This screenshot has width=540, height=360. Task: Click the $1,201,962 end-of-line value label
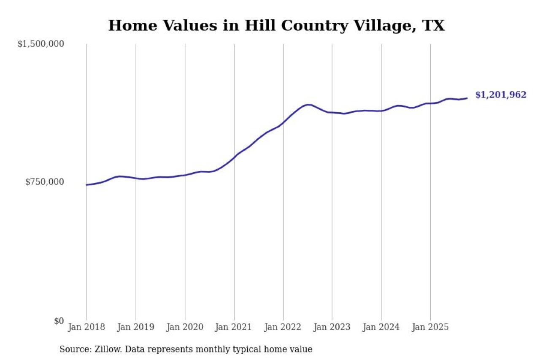(501, 95)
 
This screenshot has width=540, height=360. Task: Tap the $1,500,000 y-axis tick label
(40, 44)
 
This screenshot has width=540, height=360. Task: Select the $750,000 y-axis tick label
(44, 182)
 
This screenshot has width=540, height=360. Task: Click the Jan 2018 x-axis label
(86, 327)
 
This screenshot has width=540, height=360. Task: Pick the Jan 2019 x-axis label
(136, 327)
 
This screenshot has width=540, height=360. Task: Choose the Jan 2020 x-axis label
(185, 327)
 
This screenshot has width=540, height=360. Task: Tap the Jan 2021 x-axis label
(234, 327)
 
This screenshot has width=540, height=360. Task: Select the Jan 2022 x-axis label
(283, 327)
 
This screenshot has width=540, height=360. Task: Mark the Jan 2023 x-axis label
(332, 327)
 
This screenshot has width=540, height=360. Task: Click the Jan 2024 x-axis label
(381, 327)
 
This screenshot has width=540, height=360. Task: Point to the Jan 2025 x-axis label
(430, 327)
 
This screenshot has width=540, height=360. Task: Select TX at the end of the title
(434, 26)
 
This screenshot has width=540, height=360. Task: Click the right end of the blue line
(467, 98)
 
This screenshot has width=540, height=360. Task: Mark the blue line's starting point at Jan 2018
(87, 185)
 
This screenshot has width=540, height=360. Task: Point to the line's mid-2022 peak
(308, 104)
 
